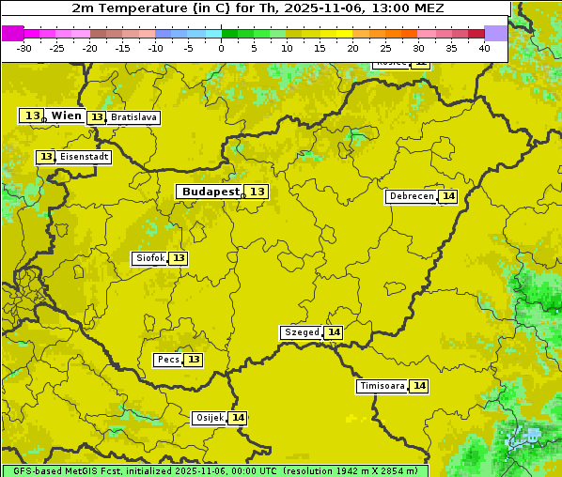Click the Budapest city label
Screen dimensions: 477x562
coord(211,192)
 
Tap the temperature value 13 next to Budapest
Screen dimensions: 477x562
coord(258,192)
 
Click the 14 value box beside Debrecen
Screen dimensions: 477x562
coord(448,196)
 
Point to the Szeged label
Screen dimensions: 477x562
coord(301,332)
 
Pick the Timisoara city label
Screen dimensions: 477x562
coord(382,386)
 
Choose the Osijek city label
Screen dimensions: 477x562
coord(209,418)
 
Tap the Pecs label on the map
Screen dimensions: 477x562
coord(168,360)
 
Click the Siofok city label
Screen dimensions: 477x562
coord(149,258)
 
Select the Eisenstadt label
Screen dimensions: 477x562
coord(85,157)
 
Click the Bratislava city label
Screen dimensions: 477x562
coord(133,117)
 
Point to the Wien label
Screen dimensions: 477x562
coord(67,115)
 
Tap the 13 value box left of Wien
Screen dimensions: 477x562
coord(32,115)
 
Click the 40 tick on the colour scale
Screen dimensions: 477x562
coord(484,48)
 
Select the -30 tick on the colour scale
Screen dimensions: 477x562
coord(24,48)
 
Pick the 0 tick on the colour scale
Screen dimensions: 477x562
coord(221,48)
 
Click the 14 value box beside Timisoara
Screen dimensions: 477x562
coord(419,386)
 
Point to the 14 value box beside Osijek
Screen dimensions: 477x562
coord(239,418)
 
